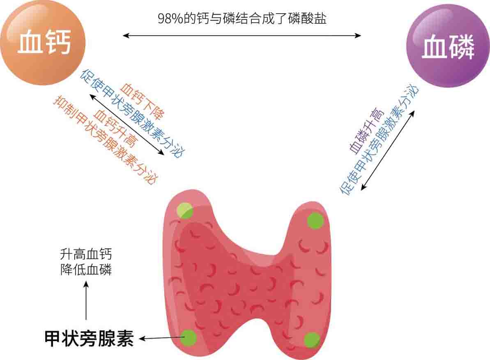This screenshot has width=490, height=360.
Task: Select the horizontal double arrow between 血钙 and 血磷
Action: (x=242, y=36)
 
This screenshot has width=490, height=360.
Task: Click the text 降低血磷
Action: (x=86, y=270)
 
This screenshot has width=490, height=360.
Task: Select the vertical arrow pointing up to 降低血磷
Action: (x=86, y=300)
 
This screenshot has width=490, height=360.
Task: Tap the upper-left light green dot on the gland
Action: (x=184, y=210)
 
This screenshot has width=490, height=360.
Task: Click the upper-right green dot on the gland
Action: (x=316, y=220)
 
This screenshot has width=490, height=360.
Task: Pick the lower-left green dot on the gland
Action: (x=189, y=338)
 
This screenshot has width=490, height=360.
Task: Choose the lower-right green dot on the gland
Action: (x=312, y=340)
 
